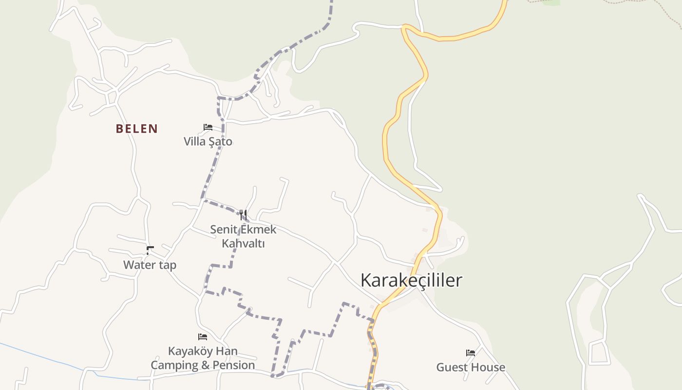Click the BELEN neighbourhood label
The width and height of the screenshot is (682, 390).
coord(136,129)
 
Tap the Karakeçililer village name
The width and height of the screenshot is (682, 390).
coord(411,280)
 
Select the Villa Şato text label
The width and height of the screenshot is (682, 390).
coord(208,142)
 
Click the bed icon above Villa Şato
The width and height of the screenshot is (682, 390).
coord(208,127)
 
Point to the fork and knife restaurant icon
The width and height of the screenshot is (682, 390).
coord(243,214)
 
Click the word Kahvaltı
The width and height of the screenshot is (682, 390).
coord(243,243)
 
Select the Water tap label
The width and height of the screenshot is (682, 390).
coord(150,265)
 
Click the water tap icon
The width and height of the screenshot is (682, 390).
coord(150,251)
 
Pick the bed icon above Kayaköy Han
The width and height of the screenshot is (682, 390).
coord(203,336)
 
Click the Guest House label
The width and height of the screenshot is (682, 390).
coord(471,367)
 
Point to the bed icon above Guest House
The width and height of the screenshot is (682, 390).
coord(471,352)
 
